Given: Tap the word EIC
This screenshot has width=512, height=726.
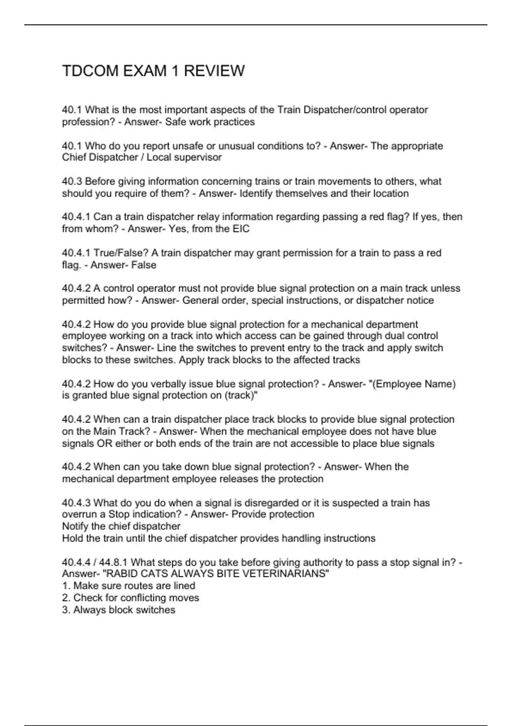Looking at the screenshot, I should tap(241, 229).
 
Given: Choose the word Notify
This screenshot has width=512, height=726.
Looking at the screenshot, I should tap(75, 526).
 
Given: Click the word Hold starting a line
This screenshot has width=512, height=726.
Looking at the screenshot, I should tap(72, 538).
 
